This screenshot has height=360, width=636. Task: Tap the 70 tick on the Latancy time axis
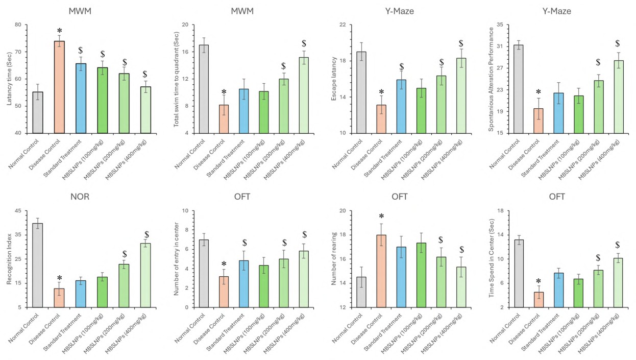coord(18,52)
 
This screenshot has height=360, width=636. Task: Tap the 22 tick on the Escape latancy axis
coord(338,25)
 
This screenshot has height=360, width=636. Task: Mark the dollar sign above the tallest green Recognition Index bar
coord(146,235)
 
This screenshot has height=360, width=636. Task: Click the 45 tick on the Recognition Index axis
coord(18,211)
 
